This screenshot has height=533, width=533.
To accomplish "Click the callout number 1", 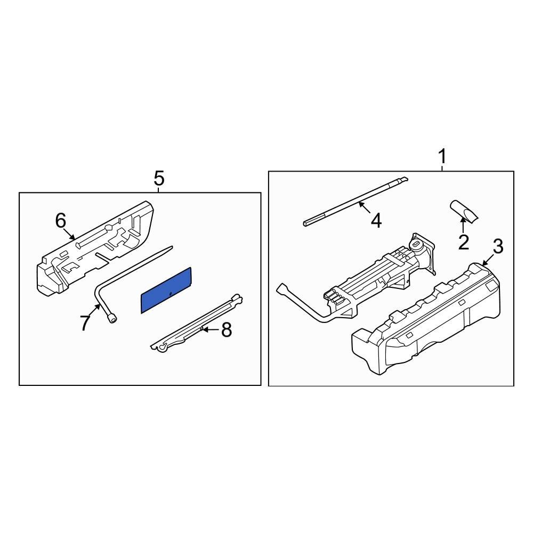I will (442, 158).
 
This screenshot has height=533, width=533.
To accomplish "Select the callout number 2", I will (464, 243).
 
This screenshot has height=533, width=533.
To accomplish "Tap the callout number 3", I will (497, 247).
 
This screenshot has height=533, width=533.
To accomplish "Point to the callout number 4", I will (376, 221).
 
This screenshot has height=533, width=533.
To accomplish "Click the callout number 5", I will (159, 178).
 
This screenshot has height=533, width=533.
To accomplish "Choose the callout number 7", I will (85, 322).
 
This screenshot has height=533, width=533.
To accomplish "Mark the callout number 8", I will (227, 330).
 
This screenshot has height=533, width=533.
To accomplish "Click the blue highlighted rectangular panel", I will (166, 290).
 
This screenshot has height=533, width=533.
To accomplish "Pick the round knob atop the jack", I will (417, 245).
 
